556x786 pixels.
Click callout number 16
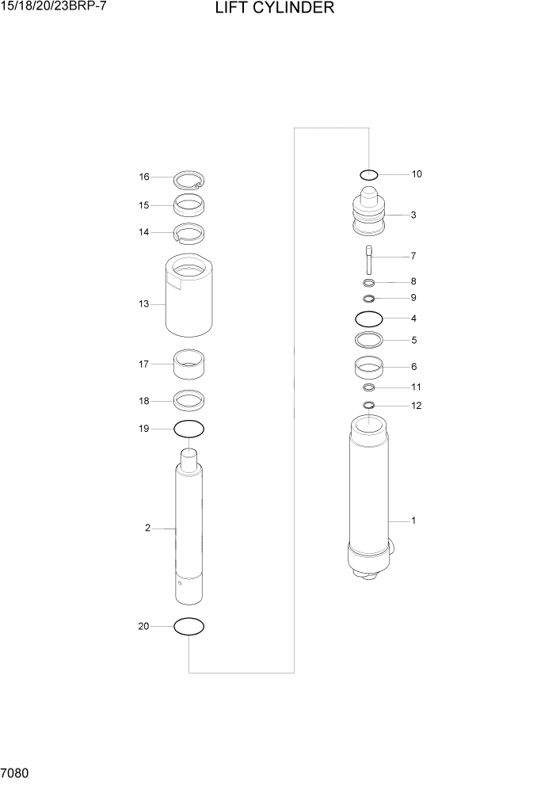click(144, 177)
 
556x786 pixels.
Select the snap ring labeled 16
click(189, 178)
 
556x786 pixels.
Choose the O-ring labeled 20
click(189, 626)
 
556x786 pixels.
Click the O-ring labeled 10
click(368, 174)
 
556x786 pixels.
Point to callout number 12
click(417, 406)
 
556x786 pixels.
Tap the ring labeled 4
click(368, 319)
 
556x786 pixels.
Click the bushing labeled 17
click(189, 366)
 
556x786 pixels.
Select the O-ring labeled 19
click(189, 429)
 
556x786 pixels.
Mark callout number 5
click(413, 340)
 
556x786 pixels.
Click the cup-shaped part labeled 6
click(368, 368)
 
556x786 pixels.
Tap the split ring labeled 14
click(189, 234)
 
